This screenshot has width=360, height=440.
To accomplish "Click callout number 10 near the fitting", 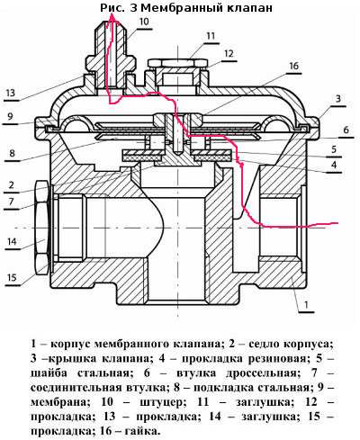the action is (x=144, y=22).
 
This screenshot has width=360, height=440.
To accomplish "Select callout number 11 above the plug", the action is (x=211, y=36).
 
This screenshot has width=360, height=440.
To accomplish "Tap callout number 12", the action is (x=229, y=53).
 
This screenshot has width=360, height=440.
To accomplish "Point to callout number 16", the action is (x=294, y=66).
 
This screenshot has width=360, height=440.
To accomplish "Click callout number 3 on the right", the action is (x=338, y=98).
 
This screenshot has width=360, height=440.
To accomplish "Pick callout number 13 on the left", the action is (x=10, y=93).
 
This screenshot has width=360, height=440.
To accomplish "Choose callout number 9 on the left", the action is (x=10, y=116).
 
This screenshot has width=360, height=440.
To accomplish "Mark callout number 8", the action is (x=12, y=153).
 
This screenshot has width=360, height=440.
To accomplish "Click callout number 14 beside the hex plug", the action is (x=12, y=241).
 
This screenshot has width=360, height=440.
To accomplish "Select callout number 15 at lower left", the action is (x=12, y=277).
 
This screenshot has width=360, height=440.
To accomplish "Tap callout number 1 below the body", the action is (x=306, y=305).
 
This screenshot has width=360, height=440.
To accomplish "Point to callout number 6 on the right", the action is (x=346, y=130).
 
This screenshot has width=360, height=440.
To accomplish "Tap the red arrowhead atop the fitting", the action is (x=112, y=20).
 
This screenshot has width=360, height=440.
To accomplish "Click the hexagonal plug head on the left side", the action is (x=41, y=228).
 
